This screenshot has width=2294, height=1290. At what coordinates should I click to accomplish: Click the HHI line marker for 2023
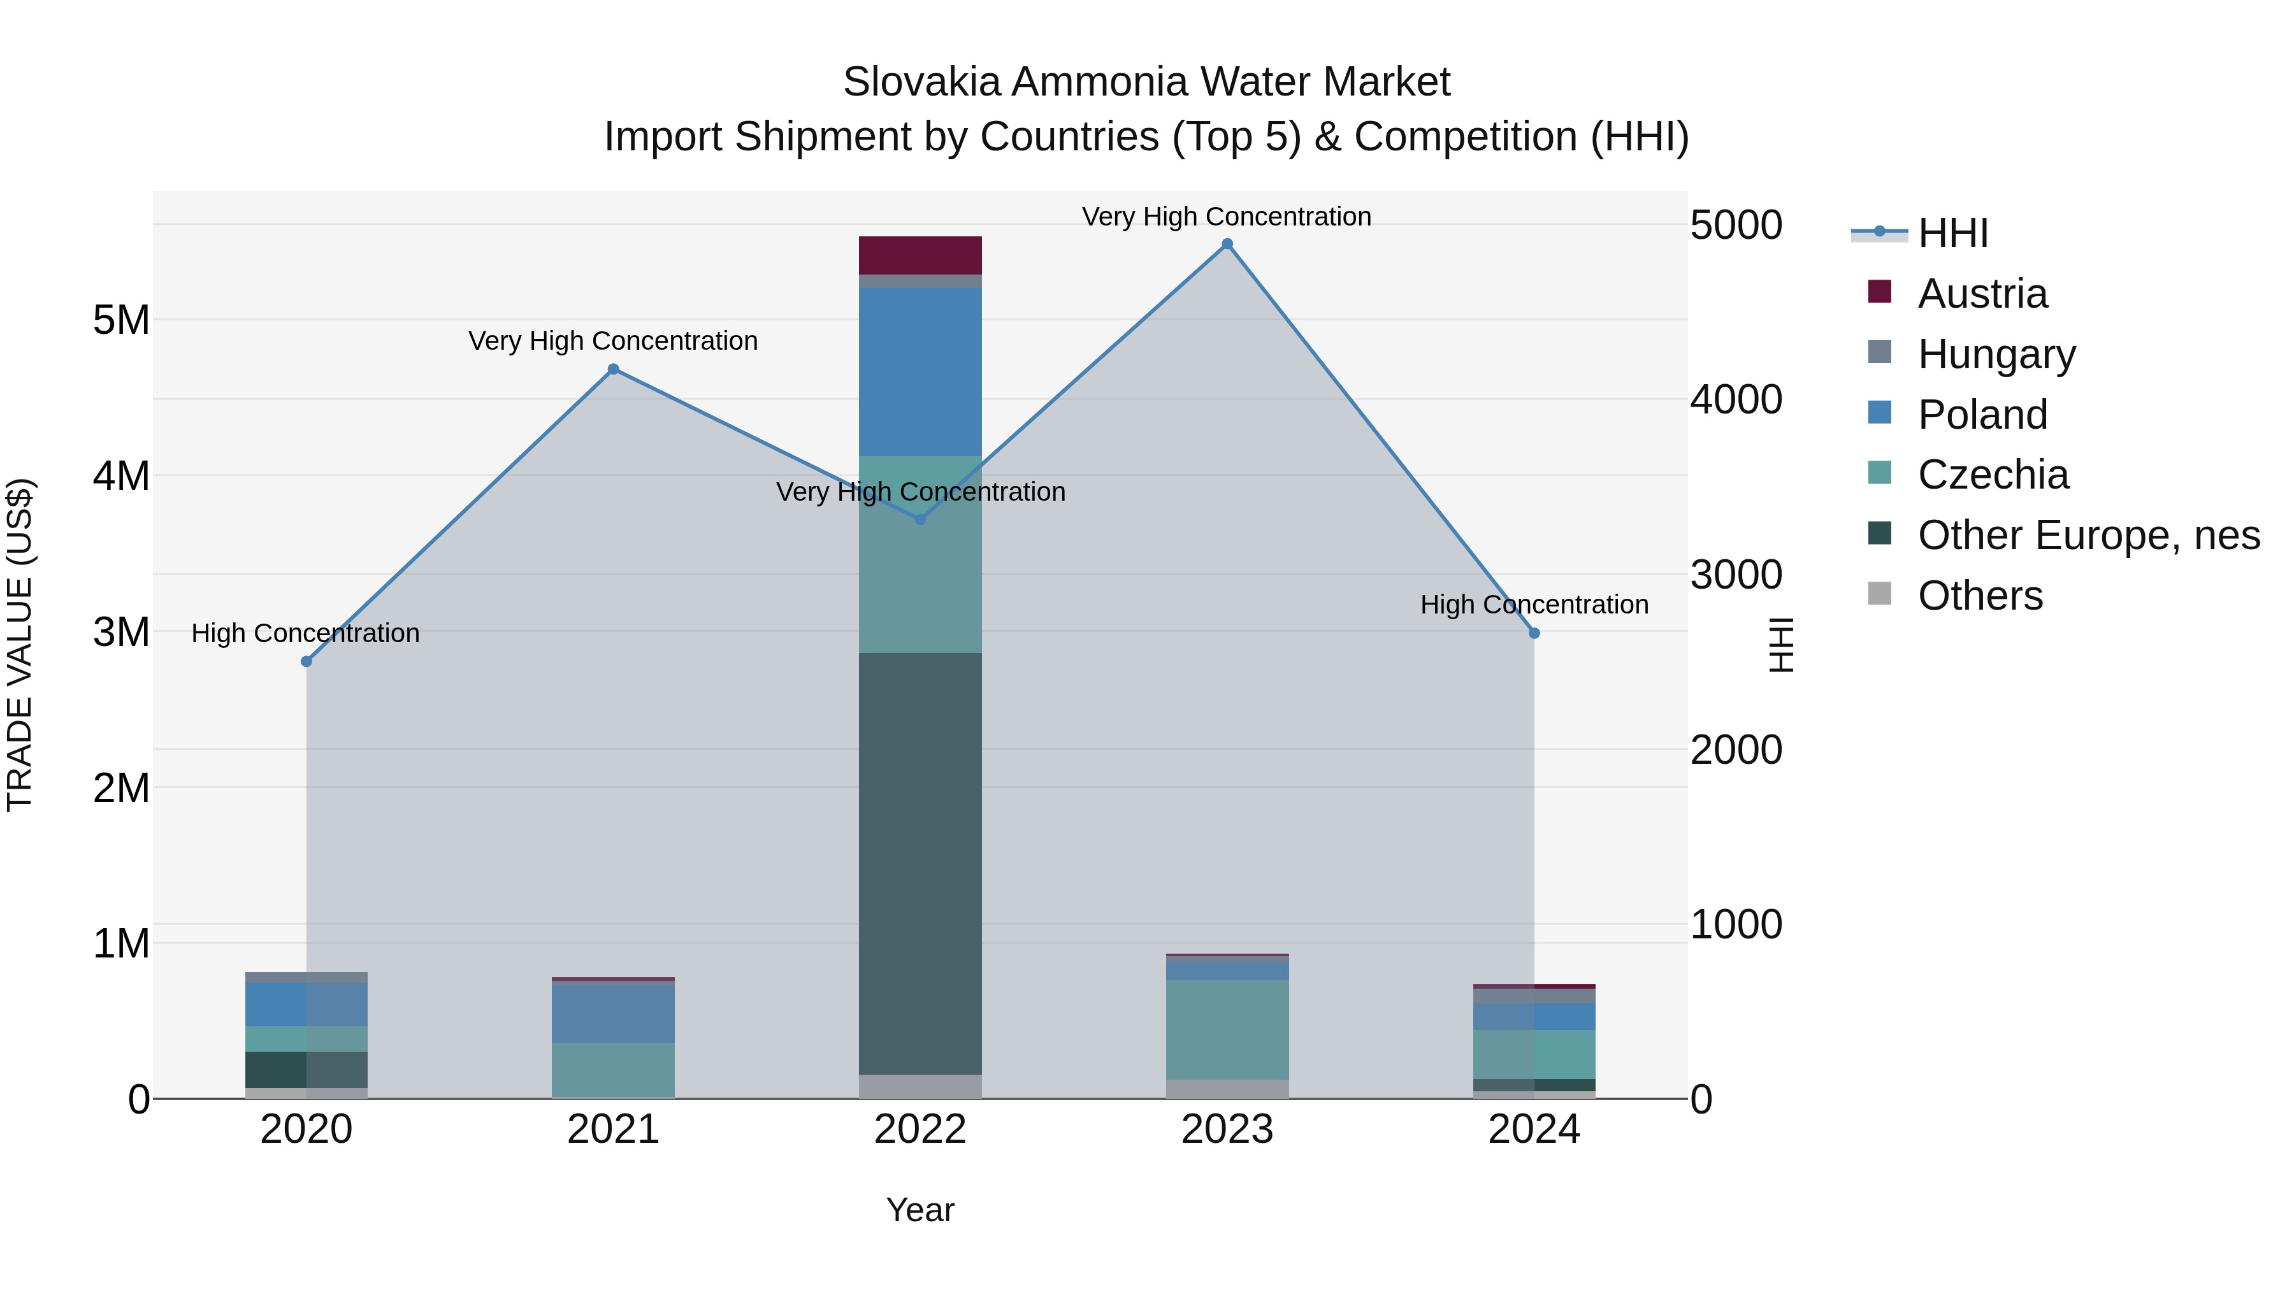point(1227,244)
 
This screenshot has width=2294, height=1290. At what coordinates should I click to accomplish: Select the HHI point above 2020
point(307,661)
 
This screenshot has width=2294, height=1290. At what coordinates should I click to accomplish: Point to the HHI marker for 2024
point(1534,634)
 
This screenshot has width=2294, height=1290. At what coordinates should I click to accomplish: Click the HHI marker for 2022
point(921,520)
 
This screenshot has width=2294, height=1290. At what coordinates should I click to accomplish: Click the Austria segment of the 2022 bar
point(920,255)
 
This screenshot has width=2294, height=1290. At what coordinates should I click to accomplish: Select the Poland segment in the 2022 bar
point(920,371)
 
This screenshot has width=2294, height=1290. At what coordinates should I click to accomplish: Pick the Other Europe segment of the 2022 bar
point(920,864)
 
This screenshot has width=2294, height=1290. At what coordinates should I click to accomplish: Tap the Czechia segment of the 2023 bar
point(1227,1029)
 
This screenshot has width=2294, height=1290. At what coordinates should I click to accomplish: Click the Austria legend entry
point(1982,294)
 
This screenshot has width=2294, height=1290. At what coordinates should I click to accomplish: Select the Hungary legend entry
point(1996,354)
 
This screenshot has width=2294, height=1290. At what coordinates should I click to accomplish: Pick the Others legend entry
point(1980,596)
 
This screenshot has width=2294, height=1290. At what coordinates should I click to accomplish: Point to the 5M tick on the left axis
point(121,320)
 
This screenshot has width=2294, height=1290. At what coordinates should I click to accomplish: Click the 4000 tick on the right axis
point(1736,399)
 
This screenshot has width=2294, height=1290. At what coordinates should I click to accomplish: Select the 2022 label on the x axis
point(920,1129)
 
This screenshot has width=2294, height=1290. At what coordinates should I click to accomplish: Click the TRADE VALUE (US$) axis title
point(20,645)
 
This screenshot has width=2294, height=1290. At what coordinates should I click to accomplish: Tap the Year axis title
point(920,1210)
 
